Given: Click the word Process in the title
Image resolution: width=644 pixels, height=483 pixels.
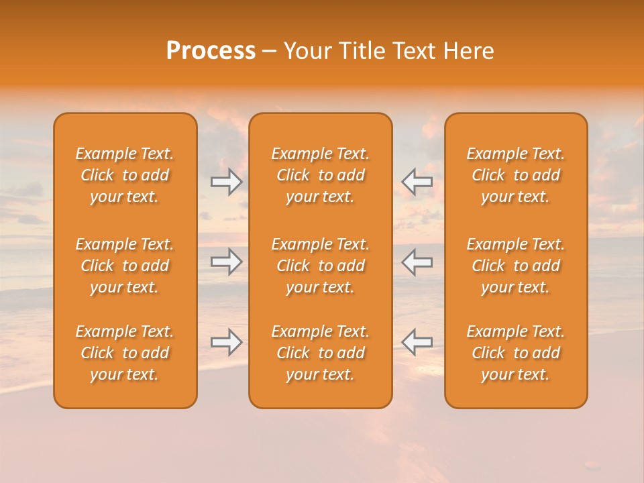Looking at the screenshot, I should [211, 51].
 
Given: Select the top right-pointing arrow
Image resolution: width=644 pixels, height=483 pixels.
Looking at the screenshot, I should [227, 182].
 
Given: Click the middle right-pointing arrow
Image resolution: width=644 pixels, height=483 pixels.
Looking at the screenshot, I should [227, 262].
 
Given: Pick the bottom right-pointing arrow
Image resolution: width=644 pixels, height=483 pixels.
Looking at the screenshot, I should [227, 342].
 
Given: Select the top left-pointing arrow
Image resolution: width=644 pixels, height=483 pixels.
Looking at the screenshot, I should [417, 182].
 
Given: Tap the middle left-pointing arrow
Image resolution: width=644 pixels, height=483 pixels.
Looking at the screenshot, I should [417, 262].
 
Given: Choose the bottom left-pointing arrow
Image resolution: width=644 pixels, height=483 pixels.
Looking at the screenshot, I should [417, 342].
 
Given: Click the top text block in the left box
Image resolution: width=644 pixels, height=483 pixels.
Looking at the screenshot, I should [125, 175].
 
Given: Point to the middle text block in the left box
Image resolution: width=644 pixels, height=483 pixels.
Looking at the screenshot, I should [125, 266].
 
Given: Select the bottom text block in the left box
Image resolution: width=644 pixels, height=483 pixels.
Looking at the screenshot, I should [125, 353].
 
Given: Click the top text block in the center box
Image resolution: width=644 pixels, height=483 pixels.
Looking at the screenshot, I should [320, 175].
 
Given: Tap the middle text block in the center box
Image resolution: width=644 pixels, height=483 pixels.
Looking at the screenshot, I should [320, 266].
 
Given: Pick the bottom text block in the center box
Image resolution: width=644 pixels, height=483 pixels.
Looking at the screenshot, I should [320, 353].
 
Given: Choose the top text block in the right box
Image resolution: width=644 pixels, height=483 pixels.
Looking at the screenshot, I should [515, 175].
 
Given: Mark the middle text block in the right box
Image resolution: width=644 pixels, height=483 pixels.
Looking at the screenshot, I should [515, 266].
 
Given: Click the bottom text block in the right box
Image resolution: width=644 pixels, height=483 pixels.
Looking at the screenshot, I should [515, 353].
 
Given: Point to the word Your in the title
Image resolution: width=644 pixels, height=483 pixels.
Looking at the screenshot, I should [307, 51].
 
